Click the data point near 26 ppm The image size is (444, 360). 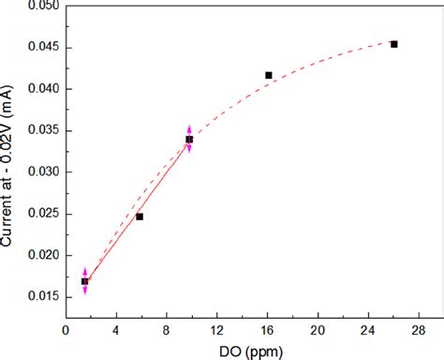(x=393, y=44)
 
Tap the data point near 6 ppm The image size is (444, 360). (x=140, y=217)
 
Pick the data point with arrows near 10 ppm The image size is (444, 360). (x=189, y=140)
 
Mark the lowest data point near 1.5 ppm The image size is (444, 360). (x=84, y=281)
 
